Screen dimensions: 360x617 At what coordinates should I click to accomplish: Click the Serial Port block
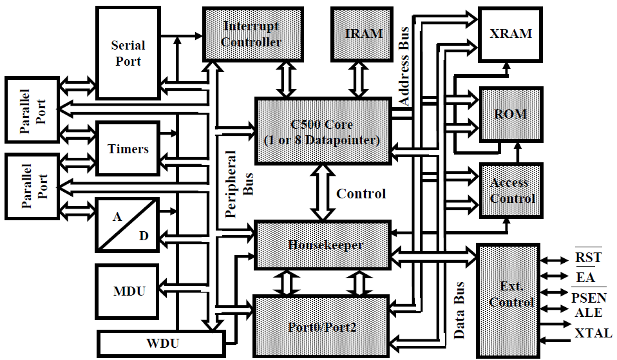[x=128, y=53]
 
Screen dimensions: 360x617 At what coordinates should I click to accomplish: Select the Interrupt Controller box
[x=252, y=34]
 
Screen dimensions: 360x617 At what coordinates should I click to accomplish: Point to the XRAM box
[x=511, y=33]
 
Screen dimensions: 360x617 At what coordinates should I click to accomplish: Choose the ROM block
[x=511, y=115]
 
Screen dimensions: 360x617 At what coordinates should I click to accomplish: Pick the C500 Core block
[x=323, y=130]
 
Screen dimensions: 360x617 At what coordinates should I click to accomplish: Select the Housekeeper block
[x=324, y=245]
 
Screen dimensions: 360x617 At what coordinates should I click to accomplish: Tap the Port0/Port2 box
[x=323, y=327]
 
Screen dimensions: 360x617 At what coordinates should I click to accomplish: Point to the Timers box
[x=128, y=149]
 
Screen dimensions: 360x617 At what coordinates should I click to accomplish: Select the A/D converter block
[x=127, y=225]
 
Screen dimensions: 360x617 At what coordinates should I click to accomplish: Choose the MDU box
[x=129, y=290]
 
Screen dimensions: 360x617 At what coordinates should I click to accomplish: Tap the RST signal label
[x=588, y=258]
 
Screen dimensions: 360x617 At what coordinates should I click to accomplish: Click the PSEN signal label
[x=589, y=298]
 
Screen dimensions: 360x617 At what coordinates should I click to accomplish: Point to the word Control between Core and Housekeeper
[x=361, y=194]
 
